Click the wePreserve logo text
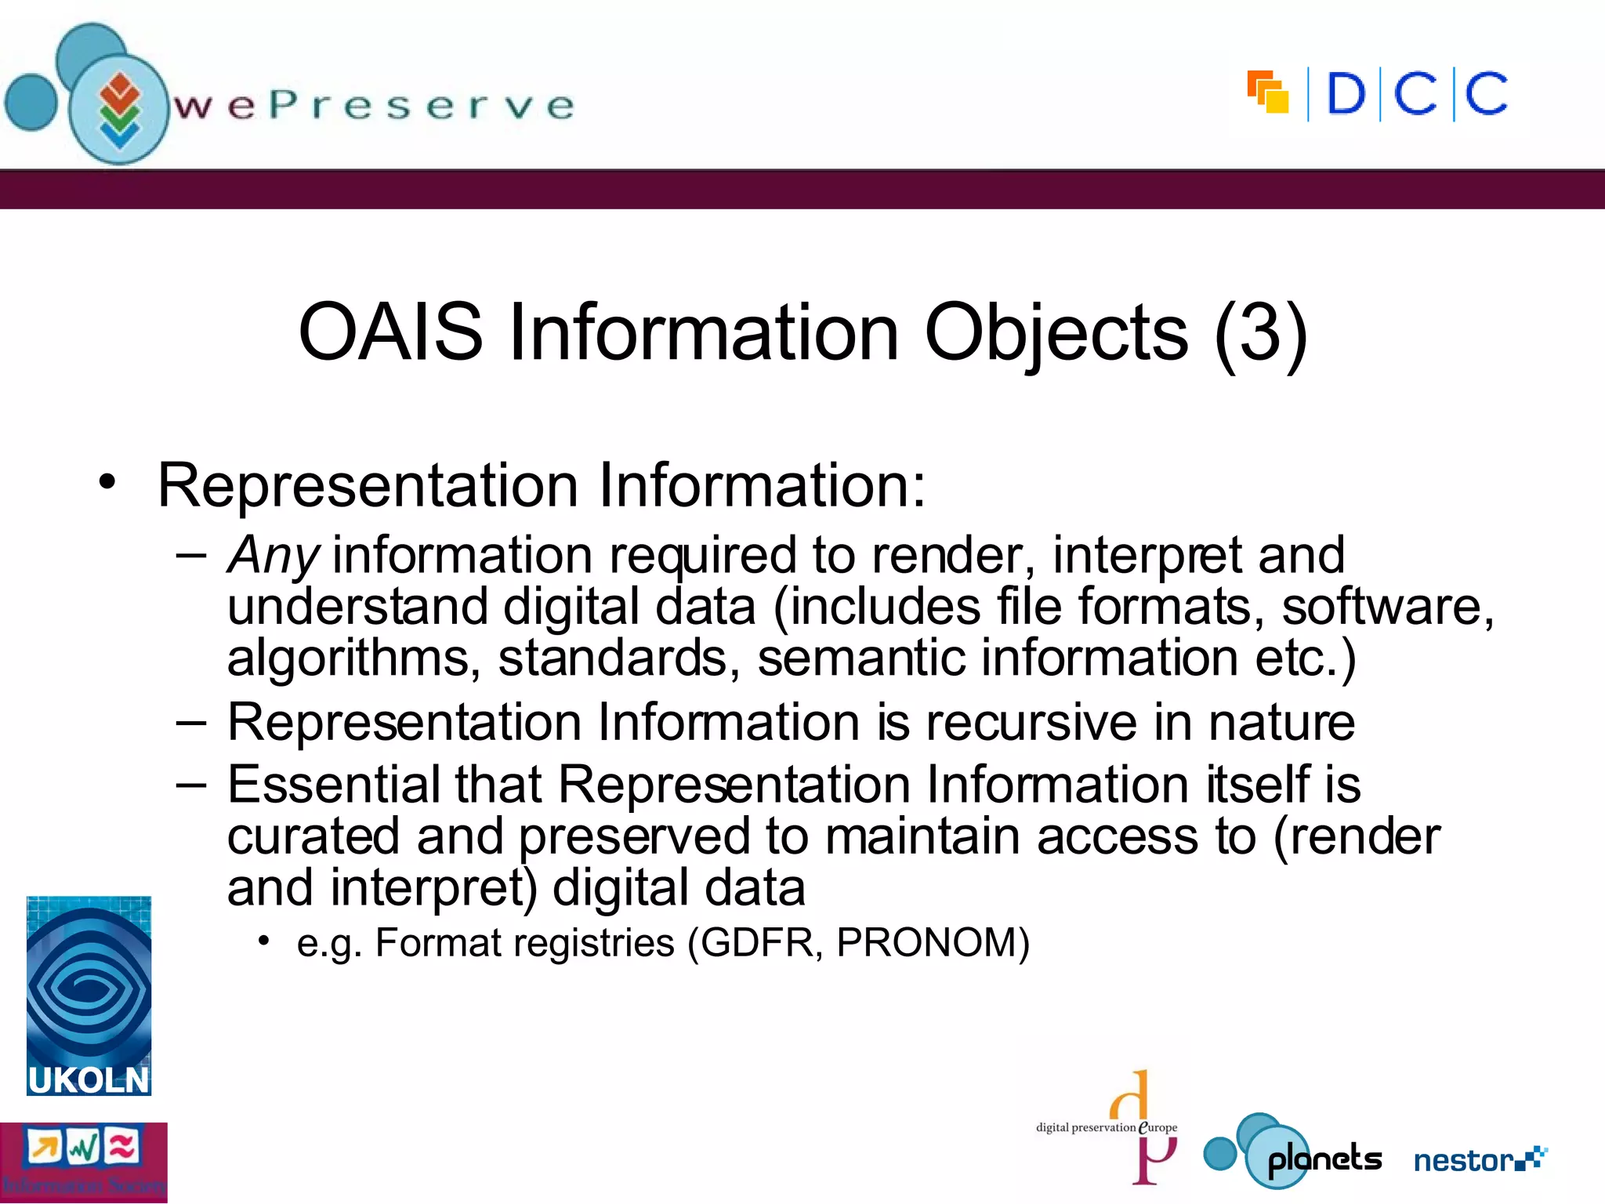(x=374, y=106)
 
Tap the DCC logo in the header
(x=1378, y=94)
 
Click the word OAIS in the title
(x=390, y=332)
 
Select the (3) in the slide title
(x=1260, y=332)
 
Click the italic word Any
(x=273, y=557)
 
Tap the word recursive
(x=1031, y=722)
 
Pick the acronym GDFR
(x=757, y=943)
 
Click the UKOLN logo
(x=89, y=995)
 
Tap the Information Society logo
(x=83, y=1162)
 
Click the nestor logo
(x=1480, y=1159)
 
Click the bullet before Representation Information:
(x=107, y=482)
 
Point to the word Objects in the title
(x=1056, y=332)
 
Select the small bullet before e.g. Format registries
(x=264, y=940)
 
